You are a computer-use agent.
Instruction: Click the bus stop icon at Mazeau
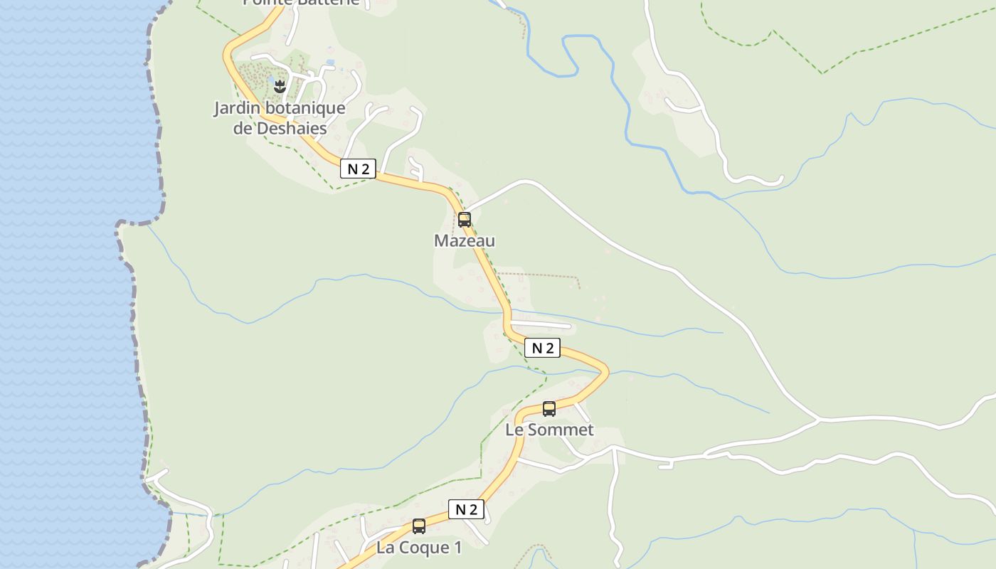pos(465,220)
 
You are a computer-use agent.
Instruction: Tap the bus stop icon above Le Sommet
pos(549,409)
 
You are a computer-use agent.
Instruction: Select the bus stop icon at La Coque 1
pos(419,526)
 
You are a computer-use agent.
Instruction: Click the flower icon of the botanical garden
pos(280,87)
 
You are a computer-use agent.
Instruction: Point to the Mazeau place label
pos(465,241)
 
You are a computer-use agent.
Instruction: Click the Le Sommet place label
pos(549,430)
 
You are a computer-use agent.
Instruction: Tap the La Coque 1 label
pos(419,548)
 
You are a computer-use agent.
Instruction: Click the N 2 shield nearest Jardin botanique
pos(358,169)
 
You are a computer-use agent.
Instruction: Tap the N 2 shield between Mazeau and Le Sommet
pos(542,348)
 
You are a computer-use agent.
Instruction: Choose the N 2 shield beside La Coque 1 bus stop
pos(466,509)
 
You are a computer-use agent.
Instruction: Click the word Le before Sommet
pos(514,430)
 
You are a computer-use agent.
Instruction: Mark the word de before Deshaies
pos(243,129)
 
